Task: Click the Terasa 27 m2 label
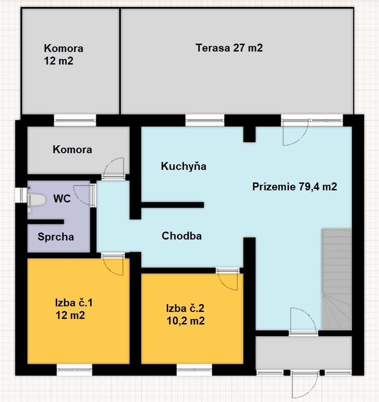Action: [229, 48]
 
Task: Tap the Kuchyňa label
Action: [183, 166]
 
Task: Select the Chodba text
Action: [182, 236]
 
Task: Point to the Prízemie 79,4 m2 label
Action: [294, 187]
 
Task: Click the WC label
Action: [62, 199]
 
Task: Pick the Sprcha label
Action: [56, 237]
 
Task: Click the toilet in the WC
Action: [36, 200]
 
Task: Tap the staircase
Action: [337, 279]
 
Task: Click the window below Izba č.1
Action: [74, 370]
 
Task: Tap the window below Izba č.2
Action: [194, 370]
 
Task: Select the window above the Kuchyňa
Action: [205, 120]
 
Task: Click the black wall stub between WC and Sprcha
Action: [46, 222]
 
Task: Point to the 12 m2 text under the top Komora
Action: [59, 61]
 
